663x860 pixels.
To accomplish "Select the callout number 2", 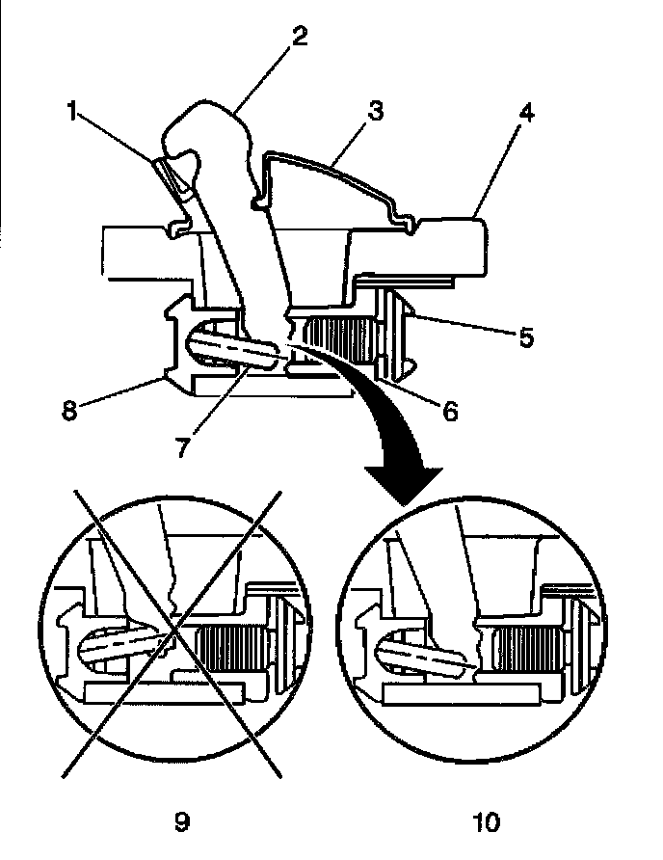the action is [x=300, y=37].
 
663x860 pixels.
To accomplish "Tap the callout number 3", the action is [x=375, y=110].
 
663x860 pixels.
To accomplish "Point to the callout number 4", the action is [x=526, y=113].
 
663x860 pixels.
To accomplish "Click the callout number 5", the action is [x=526, y=336].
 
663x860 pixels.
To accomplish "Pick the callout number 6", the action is [x=450, y=411].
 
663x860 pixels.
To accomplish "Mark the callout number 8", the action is [x=69, y=411].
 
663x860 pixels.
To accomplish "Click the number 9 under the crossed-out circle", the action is [x=182, y=822].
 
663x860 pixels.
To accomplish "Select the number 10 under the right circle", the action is [x=487, y=822].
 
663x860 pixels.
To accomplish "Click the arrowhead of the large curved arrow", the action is [x=404, y=484].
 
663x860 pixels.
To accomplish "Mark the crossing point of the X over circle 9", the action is [x=172, y=632].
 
